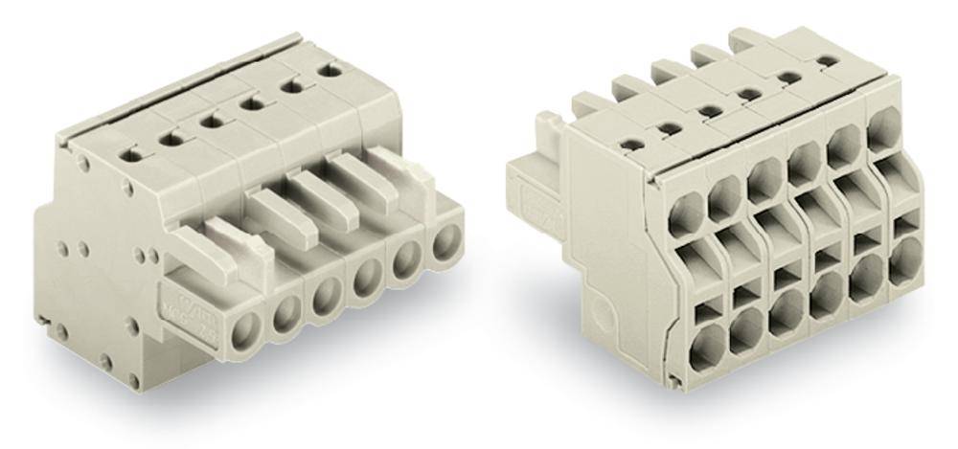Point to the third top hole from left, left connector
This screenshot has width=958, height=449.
(x=208, y=122)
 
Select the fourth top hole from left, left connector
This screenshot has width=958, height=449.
(x=251, y=103)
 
